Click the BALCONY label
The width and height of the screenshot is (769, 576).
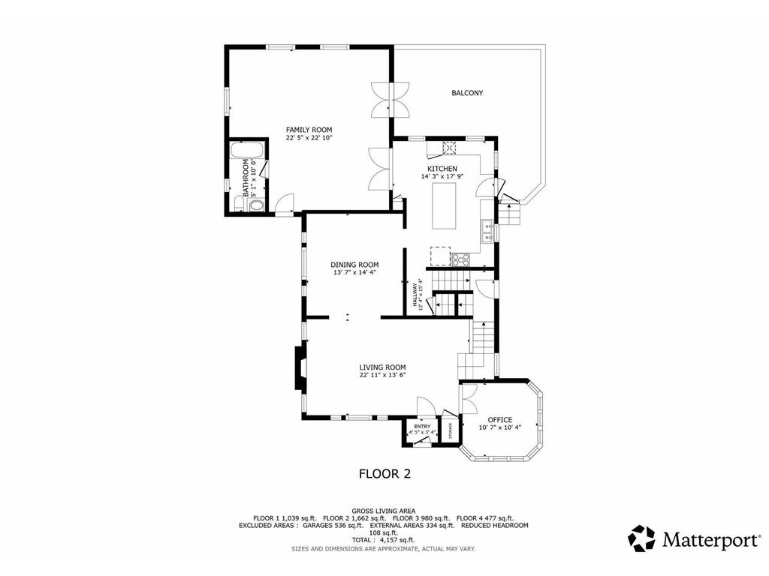tap(466, 93)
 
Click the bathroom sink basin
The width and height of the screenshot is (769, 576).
tap(256, 205)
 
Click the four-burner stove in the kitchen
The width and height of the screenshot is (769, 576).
tap(460, 259)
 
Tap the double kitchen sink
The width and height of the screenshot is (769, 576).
tap(487, 232)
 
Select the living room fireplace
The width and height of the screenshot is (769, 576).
tap(300, 367)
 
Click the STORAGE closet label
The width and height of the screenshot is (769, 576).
tap(451, 431)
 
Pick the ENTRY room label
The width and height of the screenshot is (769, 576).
tap(422, 426)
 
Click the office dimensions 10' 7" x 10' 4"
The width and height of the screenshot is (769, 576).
tap(499, 427)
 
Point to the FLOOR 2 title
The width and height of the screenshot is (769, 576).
tap(384, 474)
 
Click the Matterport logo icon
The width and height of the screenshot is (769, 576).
tap(641, 538)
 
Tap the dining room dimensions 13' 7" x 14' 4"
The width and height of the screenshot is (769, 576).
tap(354, 272)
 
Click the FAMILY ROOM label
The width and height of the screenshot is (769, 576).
tap(309, 130)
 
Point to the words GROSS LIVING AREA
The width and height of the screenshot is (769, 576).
tap(384, 510)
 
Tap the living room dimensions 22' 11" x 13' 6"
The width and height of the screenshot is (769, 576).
tap(382, 375)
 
